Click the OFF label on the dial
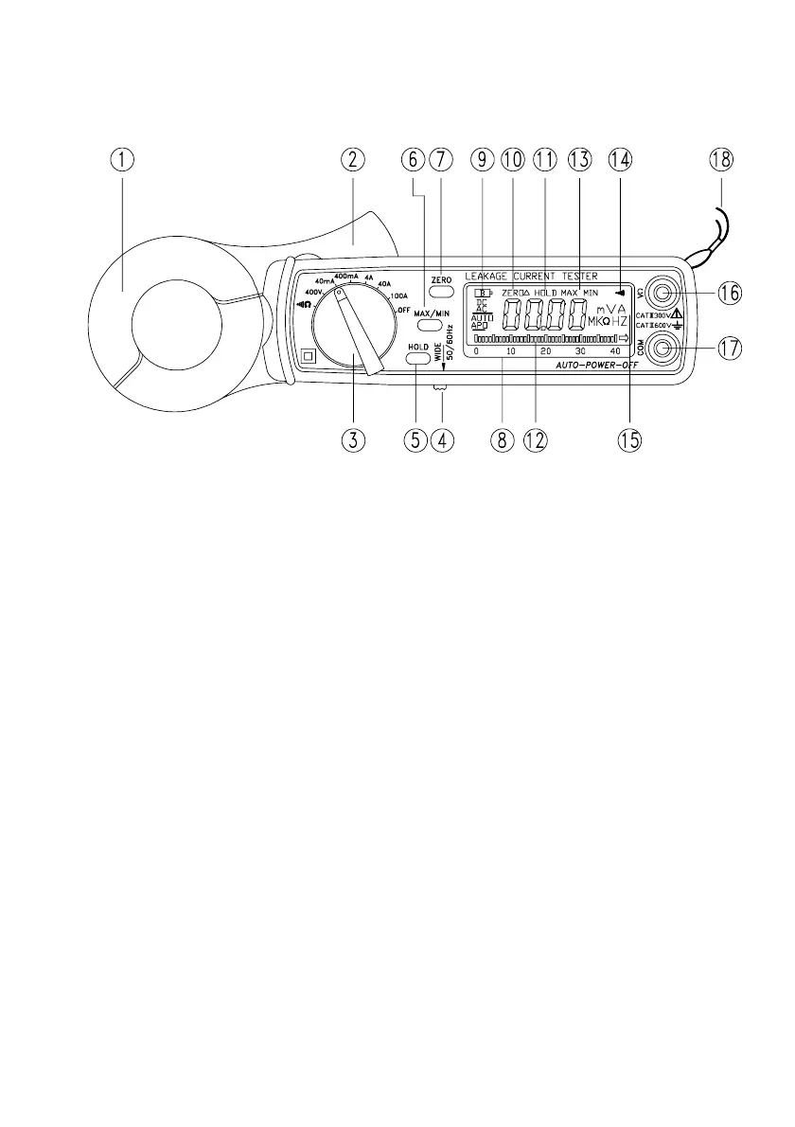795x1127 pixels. click(402, 310)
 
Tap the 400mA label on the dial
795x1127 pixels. click(346, 276)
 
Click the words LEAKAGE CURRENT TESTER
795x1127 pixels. click(531, 276)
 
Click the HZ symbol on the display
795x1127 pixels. click(620, 322)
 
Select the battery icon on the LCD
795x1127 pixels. click(484, 293)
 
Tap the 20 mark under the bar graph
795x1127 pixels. click(545, 351)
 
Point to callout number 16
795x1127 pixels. click(728, 293)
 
